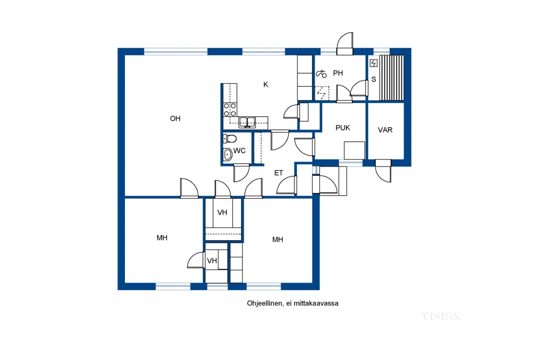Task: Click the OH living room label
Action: [x=175, y=118]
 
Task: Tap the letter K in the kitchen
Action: [x=266, y=85]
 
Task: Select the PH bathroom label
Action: [x=338, y=73]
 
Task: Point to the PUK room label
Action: [x=343, y=128]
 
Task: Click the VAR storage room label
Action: [x=385, y=130]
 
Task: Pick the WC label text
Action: [x=239, y=150]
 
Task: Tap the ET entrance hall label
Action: [x=278, y=173]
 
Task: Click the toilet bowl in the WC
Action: [x=230, y=139]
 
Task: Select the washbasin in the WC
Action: [x=227, y=154]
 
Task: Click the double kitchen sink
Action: [x=247, y=122]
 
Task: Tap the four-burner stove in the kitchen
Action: [x=230, y=110]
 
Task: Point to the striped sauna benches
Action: [x=391, y=78]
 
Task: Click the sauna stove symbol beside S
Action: [x=373, y=63]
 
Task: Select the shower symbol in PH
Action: [x=321, y=73]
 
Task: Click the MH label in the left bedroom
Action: [x=162, y=238]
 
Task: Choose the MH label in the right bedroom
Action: [x=278, y=239]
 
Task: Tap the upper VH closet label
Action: [x=222, y=212]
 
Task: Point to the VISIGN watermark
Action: [x=441, y=317]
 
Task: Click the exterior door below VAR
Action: [x=383, y=171]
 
